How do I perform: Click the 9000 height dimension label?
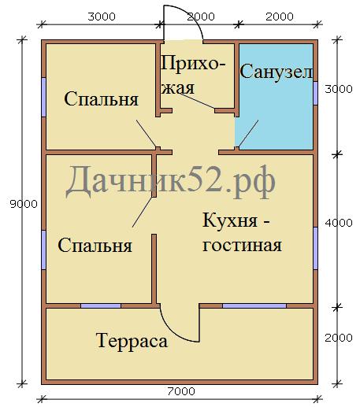(24, 204)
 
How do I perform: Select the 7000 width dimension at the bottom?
(181, 391)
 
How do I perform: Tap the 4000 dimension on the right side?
(339, 223)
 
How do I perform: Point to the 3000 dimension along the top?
(102, 17)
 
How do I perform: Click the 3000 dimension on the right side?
(339, 89)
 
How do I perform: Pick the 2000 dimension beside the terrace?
(339, 338)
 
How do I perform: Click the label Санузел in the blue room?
(276, 72)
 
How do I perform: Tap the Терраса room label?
(132, 341)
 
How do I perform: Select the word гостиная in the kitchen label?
(242, 246)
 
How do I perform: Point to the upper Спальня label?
(101, 99)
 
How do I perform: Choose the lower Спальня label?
(95, 246)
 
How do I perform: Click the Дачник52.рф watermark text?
(171, 183)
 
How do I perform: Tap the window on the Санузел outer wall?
(315, 93)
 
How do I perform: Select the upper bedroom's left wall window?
(43, 97)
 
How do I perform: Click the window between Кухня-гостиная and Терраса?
(254, 305)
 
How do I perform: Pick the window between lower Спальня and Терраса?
(101, 305)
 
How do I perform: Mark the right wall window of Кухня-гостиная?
(315, 248)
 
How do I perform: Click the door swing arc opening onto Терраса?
(172, 332)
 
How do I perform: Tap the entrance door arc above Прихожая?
(194, 17)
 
